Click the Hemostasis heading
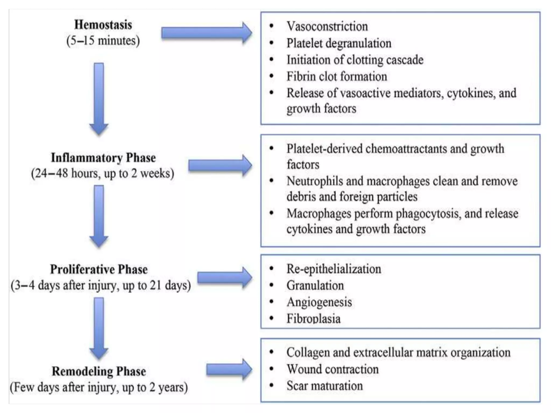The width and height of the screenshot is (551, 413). [x=103, y=25]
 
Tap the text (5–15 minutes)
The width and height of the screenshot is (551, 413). [x=103, y=41]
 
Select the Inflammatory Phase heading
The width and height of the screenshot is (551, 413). [x=103, y=158]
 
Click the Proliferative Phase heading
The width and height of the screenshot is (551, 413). [x=99, y=269]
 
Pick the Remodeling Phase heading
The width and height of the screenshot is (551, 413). [x=99, y=371]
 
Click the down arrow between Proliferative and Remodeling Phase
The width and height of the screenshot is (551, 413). [x=99, y=328]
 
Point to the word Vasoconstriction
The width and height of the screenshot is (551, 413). [x=327, y=26]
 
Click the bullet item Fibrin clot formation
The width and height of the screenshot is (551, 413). [x=337, y=76]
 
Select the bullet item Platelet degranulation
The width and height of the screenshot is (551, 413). [x=339, y=43]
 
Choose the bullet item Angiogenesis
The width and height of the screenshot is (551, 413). [x=319, y=302]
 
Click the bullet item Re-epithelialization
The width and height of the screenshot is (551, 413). [x=334, y=269]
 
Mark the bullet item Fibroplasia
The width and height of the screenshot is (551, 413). [x=313, y=319]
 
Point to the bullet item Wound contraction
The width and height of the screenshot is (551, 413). [x=333, y=369]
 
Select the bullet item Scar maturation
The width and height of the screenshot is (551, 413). [x=324, y=386]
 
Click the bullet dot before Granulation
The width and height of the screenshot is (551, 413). [x=271, y=285]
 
